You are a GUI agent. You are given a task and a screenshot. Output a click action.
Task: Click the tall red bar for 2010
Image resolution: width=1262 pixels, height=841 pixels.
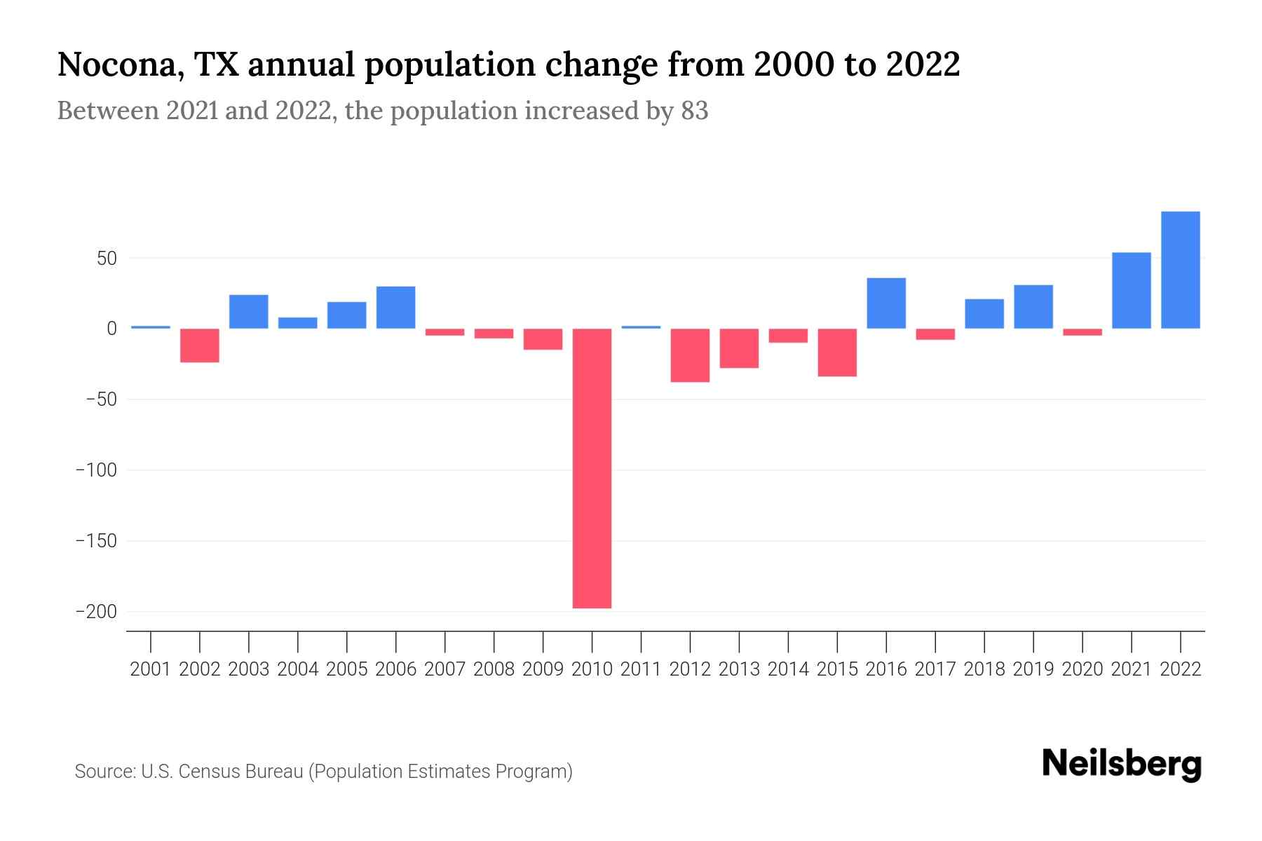pyautogui.click(x=592, y=468)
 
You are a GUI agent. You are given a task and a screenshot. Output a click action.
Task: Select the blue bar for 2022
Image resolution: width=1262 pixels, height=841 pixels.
pyautogui.click(x=1180, y=270)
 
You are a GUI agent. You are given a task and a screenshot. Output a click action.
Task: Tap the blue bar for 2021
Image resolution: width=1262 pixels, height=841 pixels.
pyautogui.click(x=1131, y=290)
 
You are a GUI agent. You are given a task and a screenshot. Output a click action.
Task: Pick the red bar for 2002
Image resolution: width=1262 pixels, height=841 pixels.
pyautogui.click(x=200, y=346)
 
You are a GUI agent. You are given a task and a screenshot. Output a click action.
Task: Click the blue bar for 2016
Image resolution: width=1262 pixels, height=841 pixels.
pyautogui.click(x=886, y=303)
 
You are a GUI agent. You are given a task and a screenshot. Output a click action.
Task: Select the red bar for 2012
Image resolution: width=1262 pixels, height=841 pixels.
pyautogui.click(x=690, y=355)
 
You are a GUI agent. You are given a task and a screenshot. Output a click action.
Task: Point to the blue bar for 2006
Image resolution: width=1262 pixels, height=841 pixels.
pyautogui.click(x=395, y=308)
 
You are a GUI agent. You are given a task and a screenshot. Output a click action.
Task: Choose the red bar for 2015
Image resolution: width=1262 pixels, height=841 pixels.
pyautogui.click(x=837, y=353)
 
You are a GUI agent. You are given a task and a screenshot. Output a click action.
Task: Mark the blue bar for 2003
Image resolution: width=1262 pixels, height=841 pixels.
pyautogui.click(x=249, y=312)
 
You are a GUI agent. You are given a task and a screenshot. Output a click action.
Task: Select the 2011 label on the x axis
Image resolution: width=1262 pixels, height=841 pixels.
pyautogui.click(x=641, y=669)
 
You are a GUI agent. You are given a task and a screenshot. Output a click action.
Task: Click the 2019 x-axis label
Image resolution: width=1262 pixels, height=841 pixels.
pyautogui.click(x=1033, y=669)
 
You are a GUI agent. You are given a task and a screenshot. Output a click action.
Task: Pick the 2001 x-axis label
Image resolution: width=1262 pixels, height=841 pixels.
pyautogui.click(x=151, y=669)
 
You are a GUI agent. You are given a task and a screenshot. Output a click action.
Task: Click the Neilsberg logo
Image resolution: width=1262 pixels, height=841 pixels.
pyautogui.click(x=1121, y=765)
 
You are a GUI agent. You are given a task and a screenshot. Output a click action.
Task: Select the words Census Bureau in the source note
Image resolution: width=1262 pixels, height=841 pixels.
pyautogui.click(x=240, y=772)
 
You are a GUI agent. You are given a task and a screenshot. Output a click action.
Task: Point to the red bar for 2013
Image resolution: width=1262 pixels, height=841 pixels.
pyautogui.click(x=739, y=348)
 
